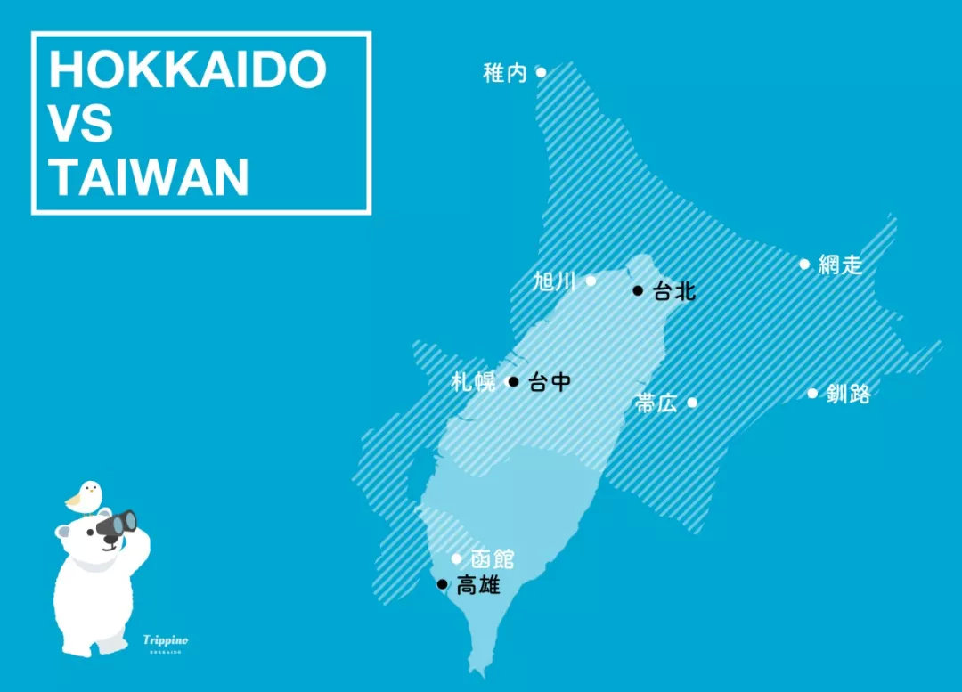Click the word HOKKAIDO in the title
click(187, 69)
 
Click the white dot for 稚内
click(541, 72)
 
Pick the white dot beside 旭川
click(590, 281)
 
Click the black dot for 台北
click(638, 290)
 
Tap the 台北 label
click(673, 290)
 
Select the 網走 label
click(840, 264)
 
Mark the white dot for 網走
click(804, 264)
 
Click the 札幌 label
click(474, 382)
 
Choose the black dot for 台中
click(513, 382)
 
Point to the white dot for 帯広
click(692, 403)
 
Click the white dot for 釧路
click(812, 393)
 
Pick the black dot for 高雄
click(443, 584)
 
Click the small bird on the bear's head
click(85, 495)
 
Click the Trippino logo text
click(166, 639)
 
